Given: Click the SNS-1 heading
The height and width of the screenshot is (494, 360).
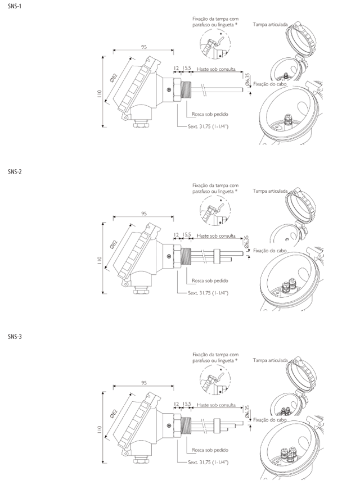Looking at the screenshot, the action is pos(15,6).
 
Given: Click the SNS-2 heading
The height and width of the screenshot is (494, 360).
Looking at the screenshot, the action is pos(15,172).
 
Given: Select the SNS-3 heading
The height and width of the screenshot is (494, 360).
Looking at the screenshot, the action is pos(15,337).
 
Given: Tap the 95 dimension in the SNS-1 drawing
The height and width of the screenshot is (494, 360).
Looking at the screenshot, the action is pos(144,47).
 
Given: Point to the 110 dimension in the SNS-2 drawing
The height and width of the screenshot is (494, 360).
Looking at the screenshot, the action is pos(100,260).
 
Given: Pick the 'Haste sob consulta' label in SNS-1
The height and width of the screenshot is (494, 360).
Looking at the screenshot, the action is pos(216,69).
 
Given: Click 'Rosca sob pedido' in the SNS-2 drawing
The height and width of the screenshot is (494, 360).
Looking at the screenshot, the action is pos(210,280).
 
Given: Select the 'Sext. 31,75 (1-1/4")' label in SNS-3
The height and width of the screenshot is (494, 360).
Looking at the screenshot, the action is pos(208,462).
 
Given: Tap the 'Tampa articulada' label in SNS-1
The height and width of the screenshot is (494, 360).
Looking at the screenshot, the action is pos(270,24).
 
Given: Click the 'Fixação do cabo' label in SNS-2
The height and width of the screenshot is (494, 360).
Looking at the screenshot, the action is pos(270,251).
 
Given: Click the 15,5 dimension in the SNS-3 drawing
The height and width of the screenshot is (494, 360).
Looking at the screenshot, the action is pos(187,404).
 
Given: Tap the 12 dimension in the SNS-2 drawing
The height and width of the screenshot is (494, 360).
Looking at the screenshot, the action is pos(176,235).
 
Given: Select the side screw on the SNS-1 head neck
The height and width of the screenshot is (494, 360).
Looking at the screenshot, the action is pos(169,90).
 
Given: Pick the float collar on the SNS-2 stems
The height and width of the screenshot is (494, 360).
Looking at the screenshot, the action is pos(217,256).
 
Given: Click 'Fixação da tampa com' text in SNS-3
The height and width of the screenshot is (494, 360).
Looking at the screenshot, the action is pos(215,355).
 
